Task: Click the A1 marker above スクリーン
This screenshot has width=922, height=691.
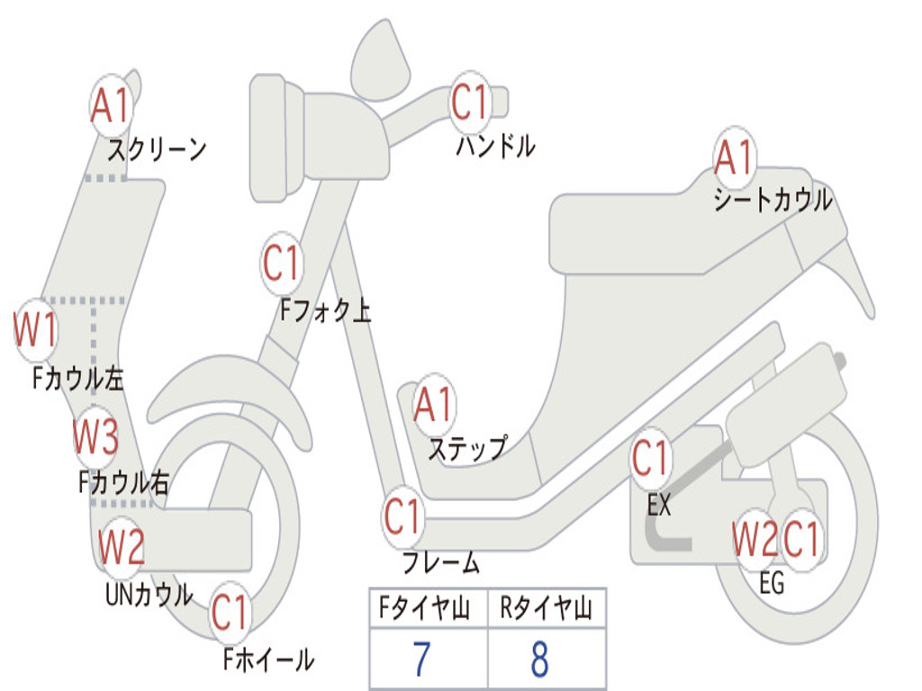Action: click(x=111, y=106)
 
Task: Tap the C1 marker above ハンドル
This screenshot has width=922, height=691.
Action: click(x=471, y=103)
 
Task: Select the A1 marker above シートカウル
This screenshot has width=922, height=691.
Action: click(x=735, y=157)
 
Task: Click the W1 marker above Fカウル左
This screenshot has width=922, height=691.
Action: click(x=36, y=330)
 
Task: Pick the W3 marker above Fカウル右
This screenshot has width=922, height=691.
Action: click(x=95, y=437)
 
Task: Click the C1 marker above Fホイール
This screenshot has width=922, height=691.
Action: click(x=230, y=612)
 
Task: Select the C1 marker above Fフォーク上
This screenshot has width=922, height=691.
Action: click(x=282, y=263)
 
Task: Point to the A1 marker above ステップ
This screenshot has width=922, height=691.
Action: click(x=434, y=405)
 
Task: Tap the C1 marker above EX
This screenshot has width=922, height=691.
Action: click(x=650, y=459)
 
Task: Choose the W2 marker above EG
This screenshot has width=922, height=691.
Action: click(x=755, y=540)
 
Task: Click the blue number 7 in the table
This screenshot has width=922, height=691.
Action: click(x=421, y=659)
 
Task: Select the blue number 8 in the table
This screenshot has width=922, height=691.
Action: click(x=540, y=659)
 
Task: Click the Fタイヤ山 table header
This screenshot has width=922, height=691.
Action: click(x=425, y=608)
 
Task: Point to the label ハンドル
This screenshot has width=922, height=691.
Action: click(x=496, y=146)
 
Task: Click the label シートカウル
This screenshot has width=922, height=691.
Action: click(x=773, y=200)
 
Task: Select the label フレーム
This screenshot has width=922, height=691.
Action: click(x=441, y=562)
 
